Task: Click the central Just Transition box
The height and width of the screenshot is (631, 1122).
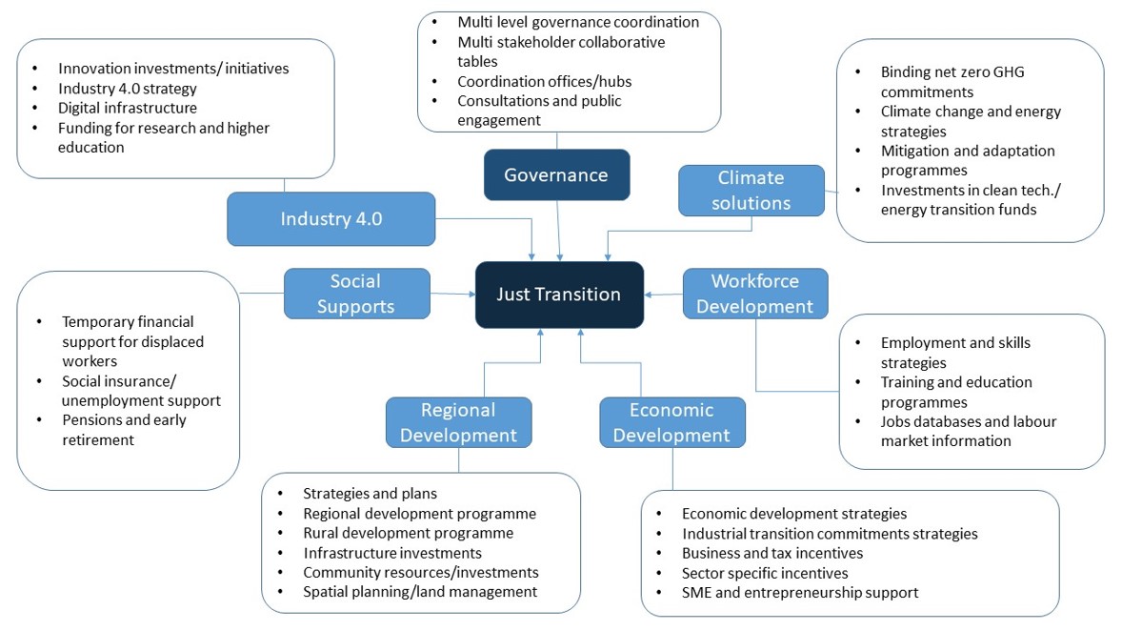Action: [559, 295]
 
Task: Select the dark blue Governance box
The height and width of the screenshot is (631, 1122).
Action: [556, 175]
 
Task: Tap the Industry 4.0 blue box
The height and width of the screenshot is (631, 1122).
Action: [331, 219]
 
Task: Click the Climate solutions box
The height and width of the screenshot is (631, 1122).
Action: [751, 191]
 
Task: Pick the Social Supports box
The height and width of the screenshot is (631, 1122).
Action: [356, 294]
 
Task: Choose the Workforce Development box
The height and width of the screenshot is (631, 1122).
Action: [754, 294]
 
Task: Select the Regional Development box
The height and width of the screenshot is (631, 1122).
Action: [458, 422]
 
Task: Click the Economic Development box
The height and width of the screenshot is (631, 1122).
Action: [671, 422]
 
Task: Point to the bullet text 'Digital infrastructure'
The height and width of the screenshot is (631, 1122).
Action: [127, 108]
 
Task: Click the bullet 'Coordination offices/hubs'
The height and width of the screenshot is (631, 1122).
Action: [544, 81]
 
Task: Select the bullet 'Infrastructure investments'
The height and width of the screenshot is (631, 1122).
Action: [391, 553]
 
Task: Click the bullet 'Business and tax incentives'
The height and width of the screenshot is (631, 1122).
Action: [771, 553]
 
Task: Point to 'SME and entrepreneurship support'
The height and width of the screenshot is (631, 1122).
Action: [799, 592]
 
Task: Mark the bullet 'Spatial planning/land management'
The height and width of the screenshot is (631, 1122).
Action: [419, 592]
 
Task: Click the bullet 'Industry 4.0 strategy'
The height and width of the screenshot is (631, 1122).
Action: [127, 89]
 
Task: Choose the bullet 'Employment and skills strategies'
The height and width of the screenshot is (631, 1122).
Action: [954, 353]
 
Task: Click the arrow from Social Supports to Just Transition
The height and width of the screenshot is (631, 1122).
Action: [452, 294]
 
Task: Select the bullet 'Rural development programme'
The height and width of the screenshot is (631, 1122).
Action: [408, 533]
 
